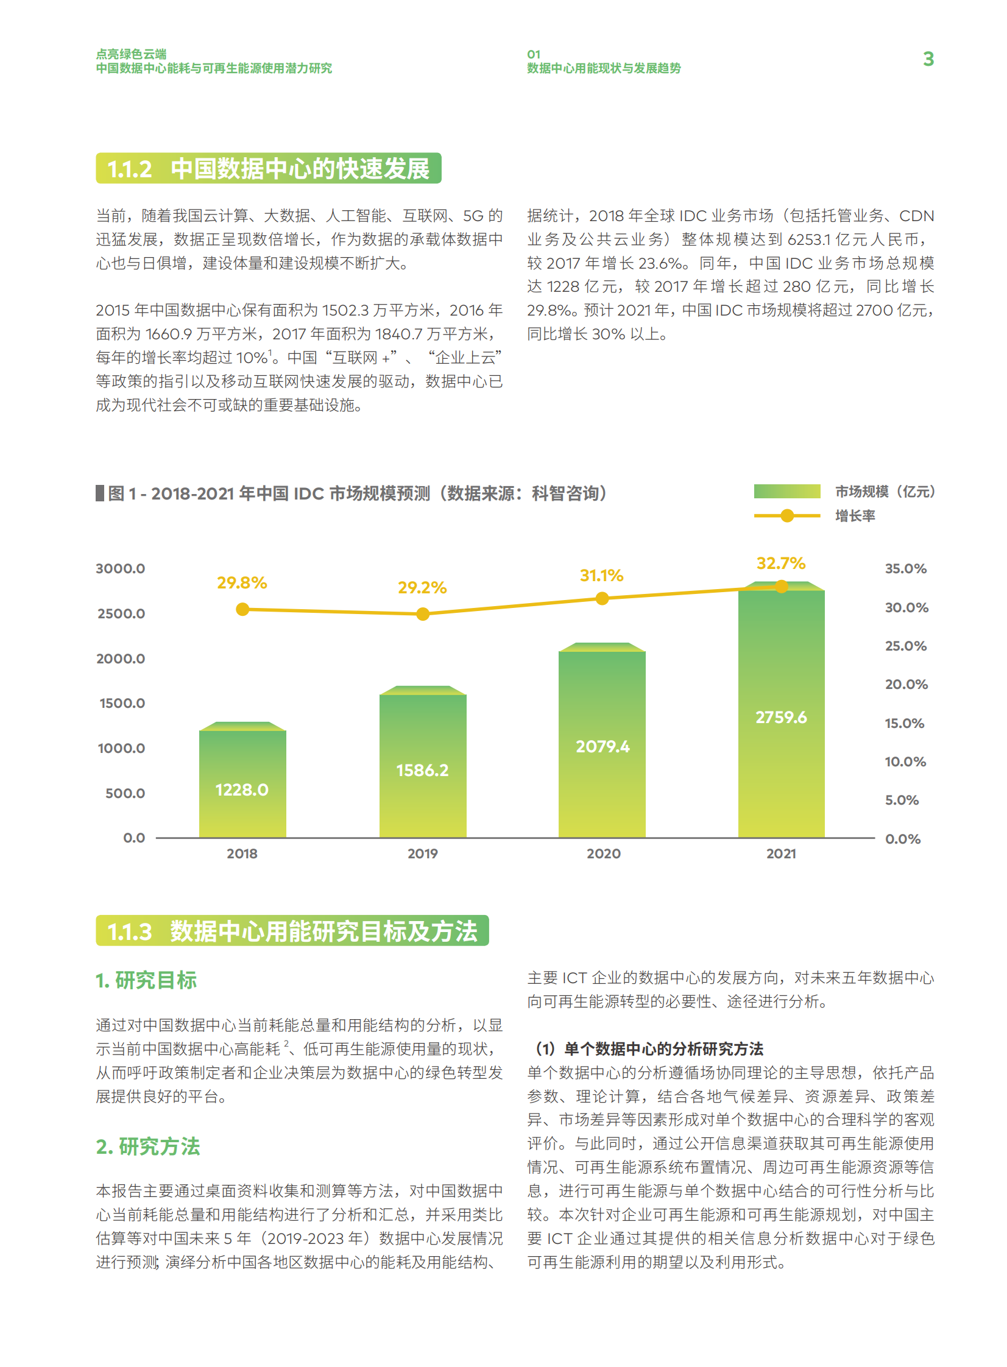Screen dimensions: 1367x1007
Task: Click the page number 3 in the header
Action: tap(928, 59)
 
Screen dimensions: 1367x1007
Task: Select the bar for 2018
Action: tap(242, 783)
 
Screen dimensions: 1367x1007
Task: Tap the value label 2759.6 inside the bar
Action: tap(781, 718)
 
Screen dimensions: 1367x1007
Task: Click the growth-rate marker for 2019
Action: tap(422, 613)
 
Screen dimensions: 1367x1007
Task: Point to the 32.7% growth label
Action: tap(780, 563)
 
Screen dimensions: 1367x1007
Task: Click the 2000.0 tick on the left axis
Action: tap(121, 659)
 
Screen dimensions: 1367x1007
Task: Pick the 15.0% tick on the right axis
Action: tap(905, 724)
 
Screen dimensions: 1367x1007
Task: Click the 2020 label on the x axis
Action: tap(604, 854)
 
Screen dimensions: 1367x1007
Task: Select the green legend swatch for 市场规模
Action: tap(786, 491)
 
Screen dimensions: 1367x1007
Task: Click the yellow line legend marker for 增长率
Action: tap(787, 515)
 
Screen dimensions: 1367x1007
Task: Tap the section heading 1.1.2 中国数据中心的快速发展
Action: tap(268, 169)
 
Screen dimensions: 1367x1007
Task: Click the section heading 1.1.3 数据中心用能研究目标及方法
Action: tap(292, 931)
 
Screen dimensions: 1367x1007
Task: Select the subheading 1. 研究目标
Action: tap(146, 980)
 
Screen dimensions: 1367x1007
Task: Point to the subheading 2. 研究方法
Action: tap(147, 1146)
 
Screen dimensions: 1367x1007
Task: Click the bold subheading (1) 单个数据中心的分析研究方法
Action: tap(649, 1048)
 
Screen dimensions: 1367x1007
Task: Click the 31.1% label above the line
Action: tap(601, 575)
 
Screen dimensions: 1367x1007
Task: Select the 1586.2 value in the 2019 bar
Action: tap(422, 771)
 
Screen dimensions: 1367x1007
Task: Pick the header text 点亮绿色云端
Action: tap(131, 54)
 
